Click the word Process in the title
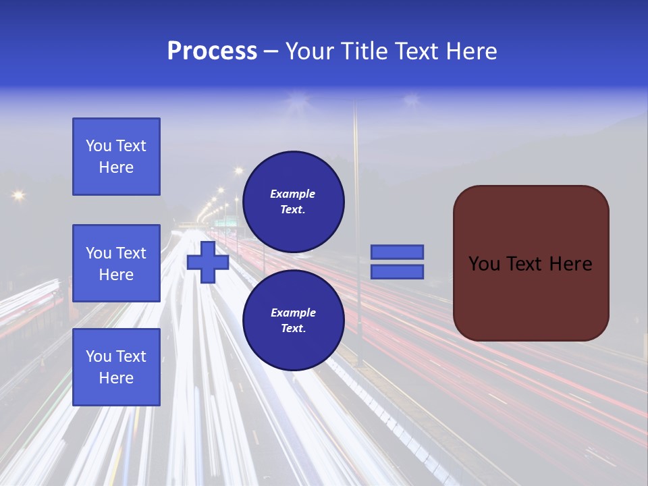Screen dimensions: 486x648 coord(212,51)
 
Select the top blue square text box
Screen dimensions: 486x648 coord(116,157)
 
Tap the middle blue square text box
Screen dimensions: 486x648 coord(116,263)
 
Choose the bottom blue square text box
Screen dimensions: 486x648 coord(116,367)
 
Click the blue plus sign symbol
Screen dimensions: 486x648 coord(208,263)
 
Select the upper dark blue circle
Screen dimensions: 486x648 coord(293,201)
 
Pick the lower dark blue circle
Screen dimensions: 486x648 coord(293,321)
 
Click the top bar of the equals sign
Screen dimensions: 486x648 coord(397,252)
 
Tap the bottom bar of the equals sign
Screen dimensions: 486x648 coord(397,271)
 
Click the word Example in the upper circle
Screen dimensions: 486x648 coord(293,194)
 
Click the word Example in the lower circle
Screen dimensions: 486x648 coord(293,313)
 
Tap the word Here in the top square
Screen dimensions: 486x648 coord(116,167)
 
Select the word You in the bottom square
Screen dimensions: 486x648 coord(98,356)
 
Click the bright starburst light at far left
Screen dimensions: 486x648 coord(18,195)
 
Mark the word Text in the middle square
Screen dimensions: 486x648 coord(130,253)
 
